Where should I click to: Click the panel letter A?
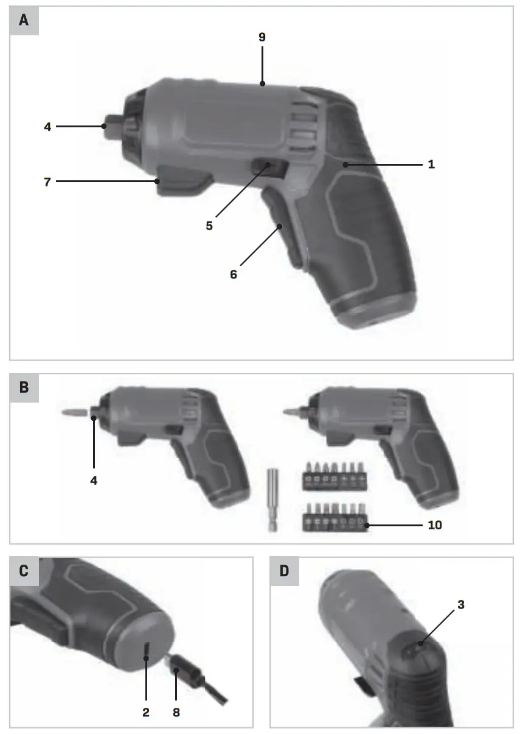coord(24,20)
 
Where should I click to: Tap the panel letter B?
coord(24,387)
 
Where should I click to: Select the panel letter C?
coord(24,571)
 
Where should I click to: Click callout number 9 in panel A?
coord(262,37)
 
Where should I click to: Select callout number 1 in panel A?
coord(431,164)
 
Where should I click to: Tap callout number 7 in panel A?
coord(47,182)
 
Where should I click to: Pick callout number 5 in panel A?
coord(209,225)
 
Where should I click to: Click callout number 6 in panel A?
coord(234,274)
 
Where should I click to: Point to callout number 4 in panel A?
coord(47,127)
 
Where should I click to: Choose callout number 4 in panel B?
coord(94,480)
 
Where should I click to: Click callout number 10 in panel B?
coord(434,524)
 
